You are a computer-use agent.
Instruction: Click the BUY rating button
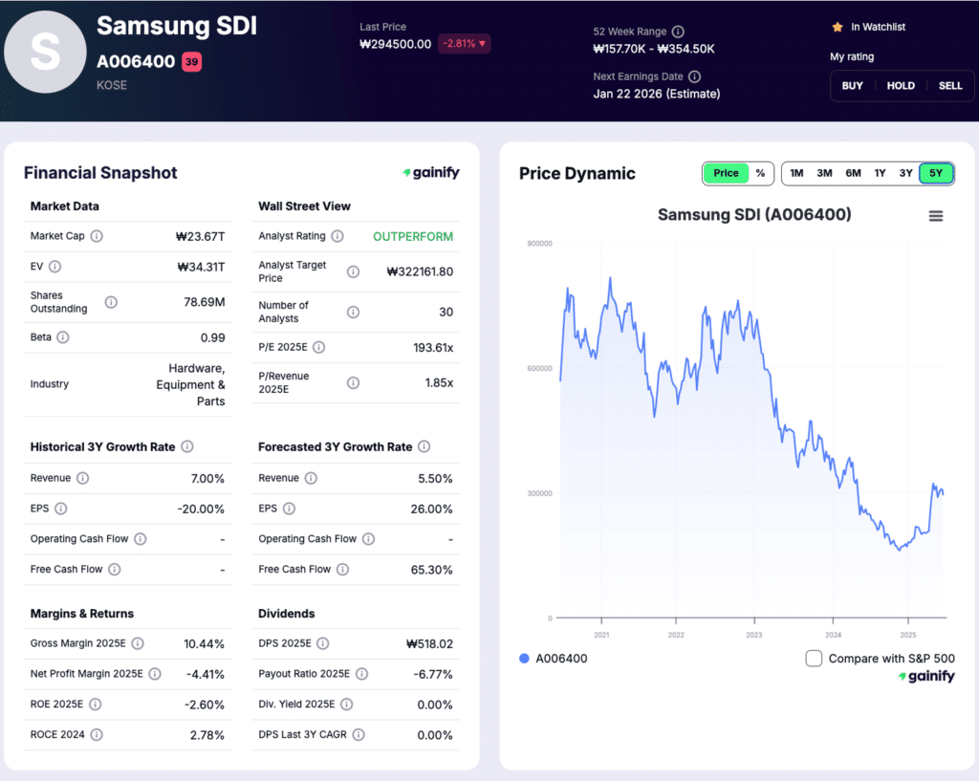(x=852, y=86)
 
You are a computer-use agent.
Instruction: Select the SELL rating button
(x=950, y=86)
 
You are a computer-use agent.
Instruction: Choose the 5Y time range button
(x=936, y=173)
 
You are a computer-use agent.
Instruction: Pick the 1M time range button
(x=796, y=173)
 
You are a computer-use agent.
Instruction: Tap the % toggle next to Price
(x=760, y=173)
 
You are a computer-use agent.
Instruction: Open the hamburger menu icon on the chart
(x=936, y=216)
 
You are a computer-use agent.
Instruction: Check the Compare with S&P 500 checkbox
(x=814, y=658)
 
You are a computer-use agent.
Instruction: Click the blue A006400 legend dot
(x=523, y=659)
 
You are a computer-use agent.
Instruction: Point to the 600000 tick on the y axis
(x=539, y=369)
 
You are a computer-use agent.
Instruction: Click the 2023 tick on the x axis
(x=754, y=635)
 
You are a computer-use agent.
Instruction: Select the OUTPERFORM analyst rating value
(x=413, y=236)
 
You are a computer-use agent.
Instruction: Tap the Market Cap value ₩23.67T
(x=200, y=236)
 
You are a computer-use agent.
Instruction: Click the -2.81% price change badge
(x=464, y=44)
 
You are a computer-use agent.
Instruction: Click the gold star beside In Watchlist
(x=837, y=28)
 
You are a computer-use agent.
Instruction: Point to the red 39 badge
(x=191, y=62)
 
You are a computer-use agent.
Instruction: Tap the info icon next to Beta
(x=63, y=337)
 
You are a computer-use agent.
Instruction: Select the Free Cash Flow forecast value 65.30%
(x=431, y=570)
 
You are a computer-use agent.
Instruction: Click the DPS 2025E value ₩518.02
(x=429, y=644)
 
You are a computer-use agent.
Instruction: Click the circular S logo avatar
(x=45, y=53)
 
